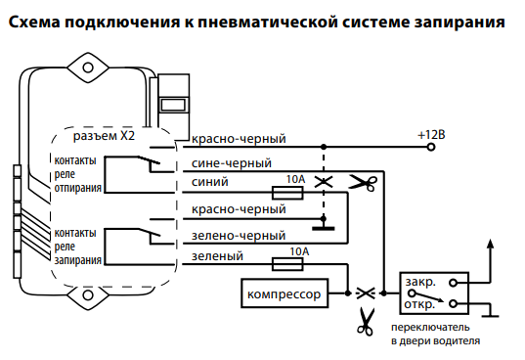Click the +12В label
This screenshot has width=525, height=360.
[x=430, y=133]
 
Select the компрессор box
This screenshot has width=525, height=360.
[x=284, y=292]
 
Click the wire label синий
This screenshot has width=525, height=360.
[x=211, y=183]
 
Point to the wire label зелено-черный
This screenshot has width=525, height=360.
[x=240, y=236]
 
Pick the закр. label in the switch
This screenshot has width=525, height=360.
[x=419, y=283]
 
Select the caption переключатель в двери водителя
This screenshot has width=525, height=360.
[x=435, y=334]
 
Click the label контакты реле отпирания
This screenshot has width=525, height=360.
[x=77, y=175]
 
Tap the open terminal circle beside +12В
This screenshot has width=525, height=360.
[x=412, y=146]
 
